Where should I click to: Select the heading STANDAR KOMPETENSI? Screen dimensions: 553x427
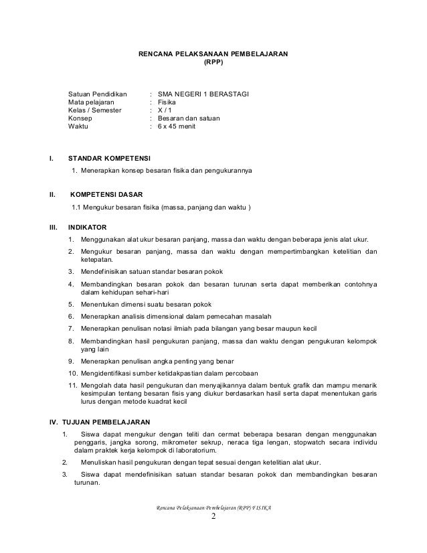click(x=110, y=158)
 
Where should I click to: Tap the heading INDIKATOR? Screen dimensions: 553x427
click(x=90, y=228)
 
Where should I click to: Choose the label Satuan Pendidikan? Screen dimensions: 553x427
click(x=98, y=94)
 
